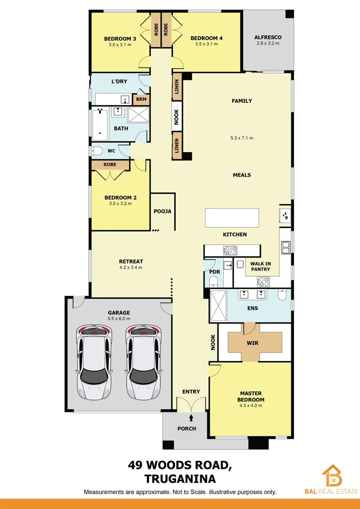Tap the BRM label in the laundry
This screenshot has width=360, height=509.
point(141,99)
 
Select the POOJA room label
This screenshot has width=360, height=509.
point(163,211)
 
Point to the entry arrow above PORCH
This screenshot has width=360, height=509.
point(191,417)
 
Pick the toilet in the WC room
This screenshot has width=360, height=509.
point(98,151)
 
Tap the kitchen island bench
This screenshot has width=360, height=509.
point(232,218)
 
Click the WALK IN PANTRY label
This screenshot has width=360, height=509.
point(260,266)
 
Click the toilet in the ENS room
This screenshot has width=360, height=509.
point(282,296)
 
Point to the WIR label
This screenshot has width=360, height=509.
point(253,343)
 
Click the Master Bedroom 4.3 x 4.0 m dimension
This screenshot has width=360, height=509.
point(251,406)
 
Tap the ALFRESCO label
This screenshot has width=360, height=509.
point(267,37)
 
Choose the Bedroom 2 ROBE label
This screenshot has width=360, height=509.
point(110,165)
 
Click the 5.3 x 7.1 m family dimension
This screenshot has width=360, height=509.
point(242,138)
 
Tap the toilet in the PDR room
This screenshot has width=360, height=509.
point(213,282)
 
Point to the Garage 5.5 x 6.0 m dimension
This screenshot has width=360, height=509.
point(118,319)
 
